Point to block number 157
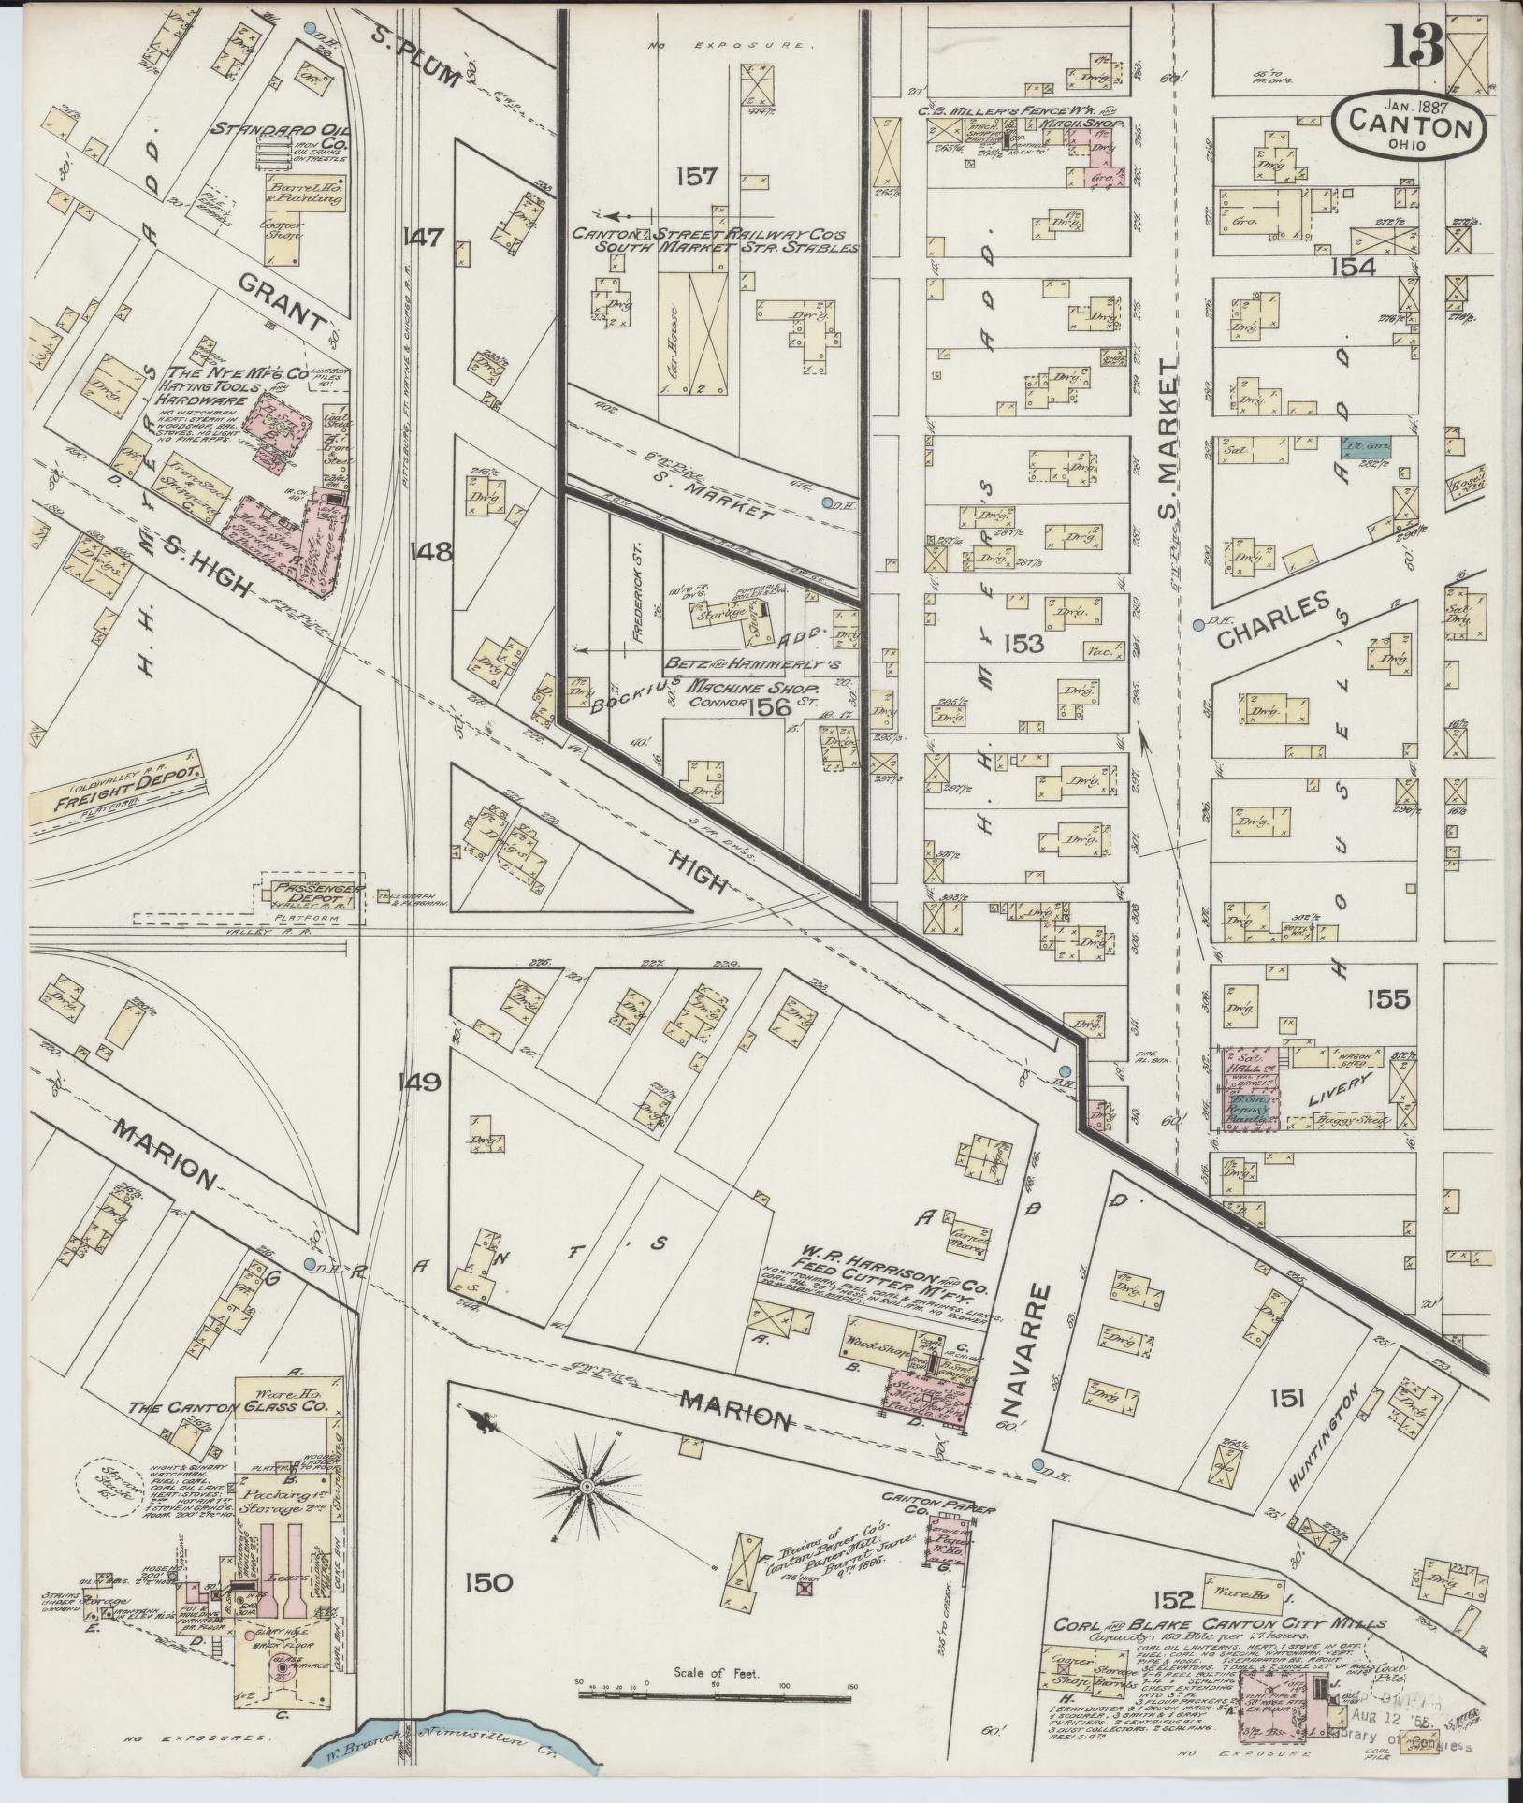(697, 175)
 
